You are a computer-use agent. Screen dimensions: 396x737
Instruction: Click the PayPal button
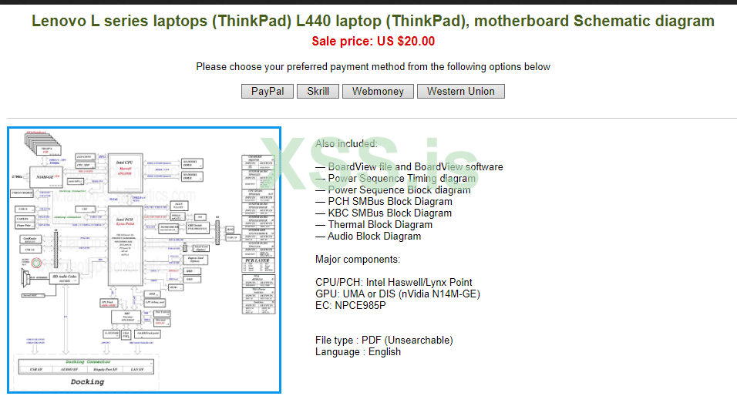pos(268,91)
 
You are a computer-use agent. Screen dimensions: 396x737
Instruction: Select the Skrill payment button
pos(318,91)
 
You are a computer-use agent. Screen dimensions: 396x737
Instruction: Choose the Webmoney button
pos(378,91)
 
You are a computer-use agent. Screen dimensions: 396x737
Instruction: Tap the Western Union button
pos(461,91)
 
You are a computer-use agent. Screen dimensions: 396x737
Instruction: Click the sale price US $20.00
pos(373,42)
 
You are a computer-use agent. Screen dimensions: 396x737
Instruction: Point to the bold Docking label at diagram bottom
pos(87,381)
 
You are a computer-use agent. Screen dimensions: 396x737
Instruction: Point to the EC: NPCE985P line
pos(351,305)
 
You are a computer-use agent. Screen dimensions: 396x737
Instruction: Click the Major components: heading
pos(358,259)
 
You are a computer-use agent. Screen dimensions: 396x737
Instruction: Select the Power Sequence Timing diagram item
pos(402,179)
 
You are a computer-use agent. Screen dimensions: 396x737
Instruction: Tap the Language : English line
pos(358,351)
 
